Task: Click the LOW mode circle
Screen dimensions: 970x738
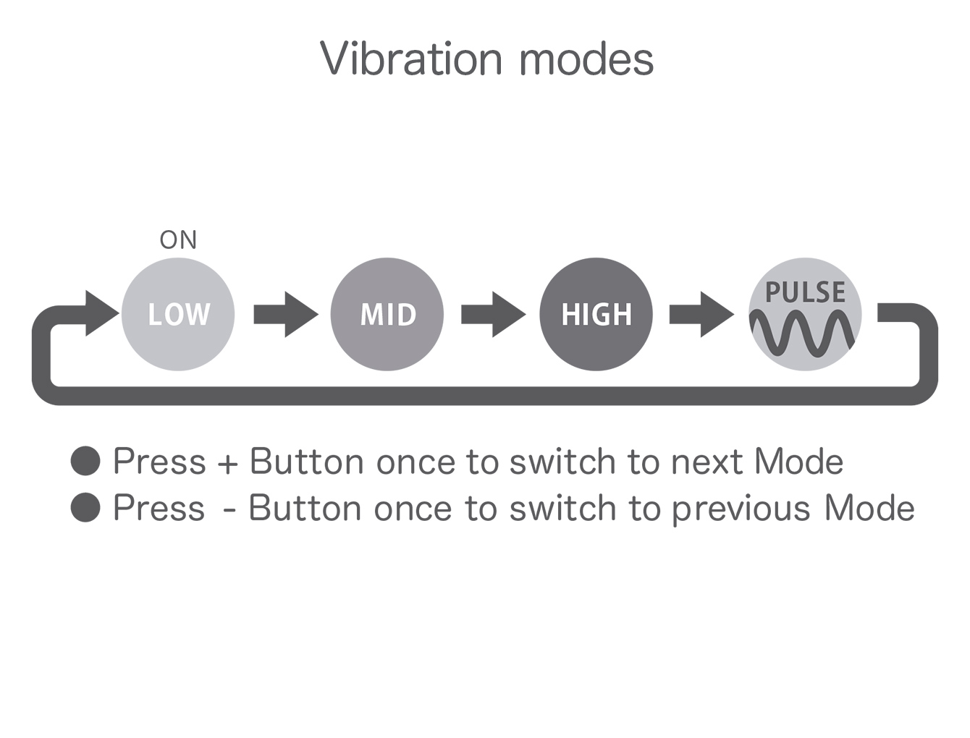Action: [177, 314]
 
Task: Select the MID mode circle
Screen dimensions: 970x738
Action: [387, 314]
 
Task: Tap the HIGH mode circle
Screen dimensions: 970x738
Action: [596, 314]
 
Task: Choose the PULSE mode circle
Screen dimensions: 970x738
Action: [805, 314]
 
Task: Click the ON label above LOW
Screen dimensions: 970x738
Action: [177, 240]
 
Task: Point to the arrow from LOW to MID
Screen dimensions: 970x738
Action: [286, 314]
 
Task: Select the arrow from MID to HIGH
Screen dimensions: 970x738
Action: [494, 314]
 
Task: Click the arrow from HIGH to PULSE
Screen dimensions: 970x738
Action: [701, 314]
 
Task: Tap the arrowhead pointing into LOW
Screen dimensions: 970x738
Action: [102, 313]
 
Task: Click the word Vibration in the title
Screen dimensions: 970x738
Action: [411, 59]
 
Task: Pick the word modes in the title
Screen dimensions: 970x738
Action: [586, 59]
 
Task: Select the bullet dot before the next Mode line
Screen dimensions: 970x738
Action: [85, 461]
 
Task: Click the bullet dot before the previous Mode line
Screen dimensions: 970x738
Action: [85, 507]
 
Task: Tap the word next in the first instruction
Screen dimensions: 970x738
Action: [707, 462]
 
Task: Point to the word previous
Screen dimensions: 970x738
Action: [741, 509]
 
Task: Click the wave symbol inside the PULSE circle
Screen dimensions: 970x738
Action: [801, 333]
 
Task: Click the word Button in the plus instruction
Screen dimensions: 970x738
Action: [307, 461]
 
